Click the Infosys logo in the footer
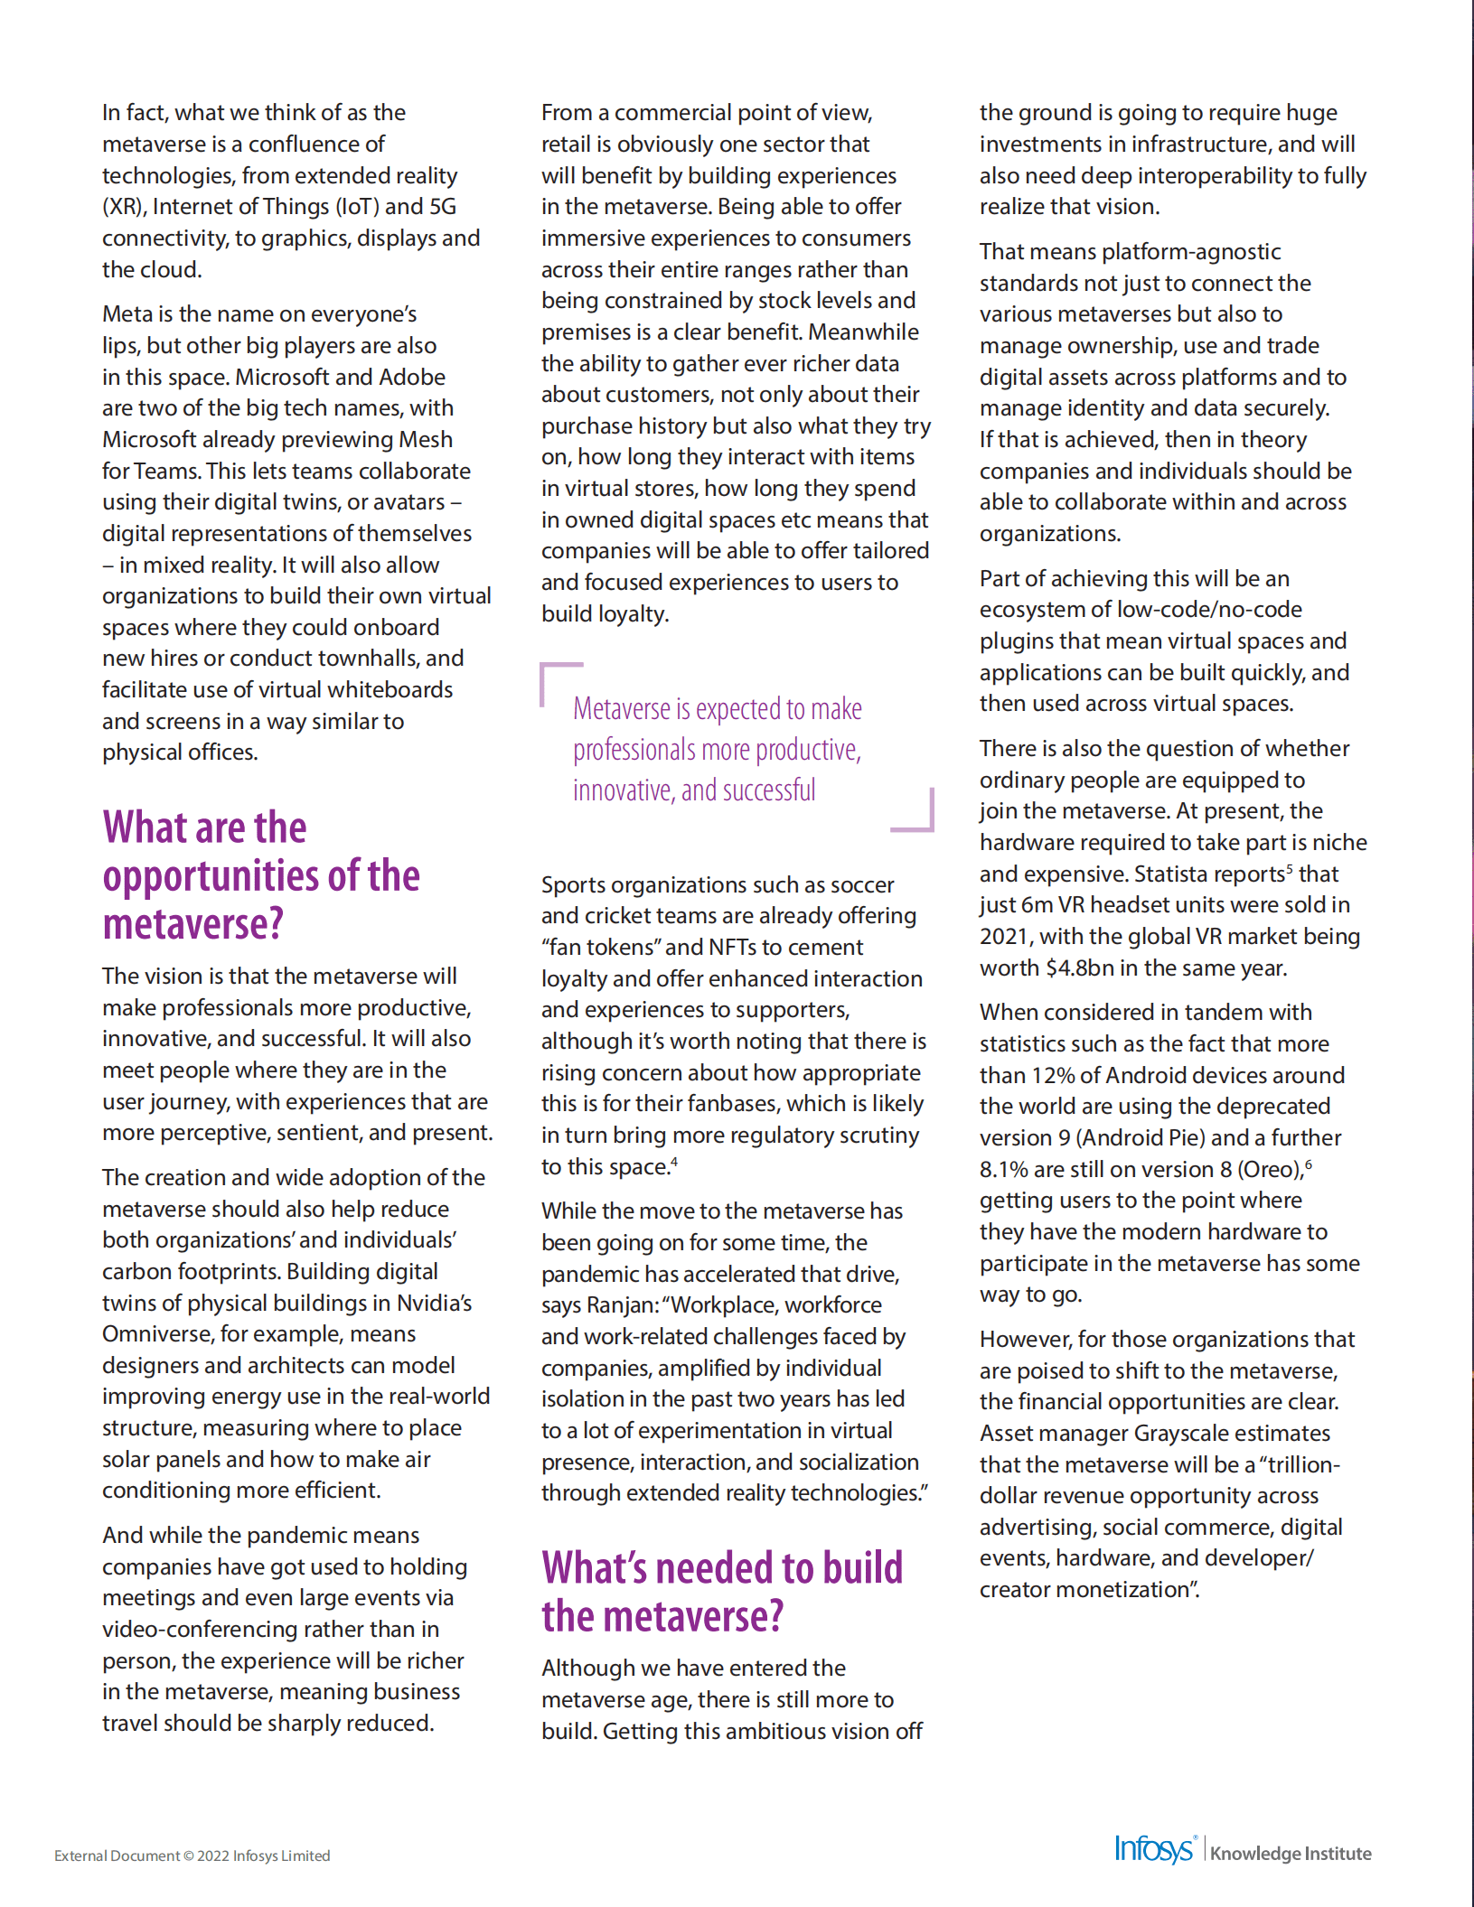click(1154, 1849)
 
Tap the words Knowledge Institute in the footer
click(1291, 1854)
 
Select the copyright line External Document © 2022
click(192, 1856)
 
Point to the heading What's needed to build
click(721, 1568)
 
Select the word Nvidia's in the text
click(434, 1303)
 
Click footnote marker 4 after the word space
click(674, 1162)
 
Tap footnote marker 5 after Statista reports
click(1290, 869)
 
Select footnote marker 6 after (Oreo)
click(1309, 1164)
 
